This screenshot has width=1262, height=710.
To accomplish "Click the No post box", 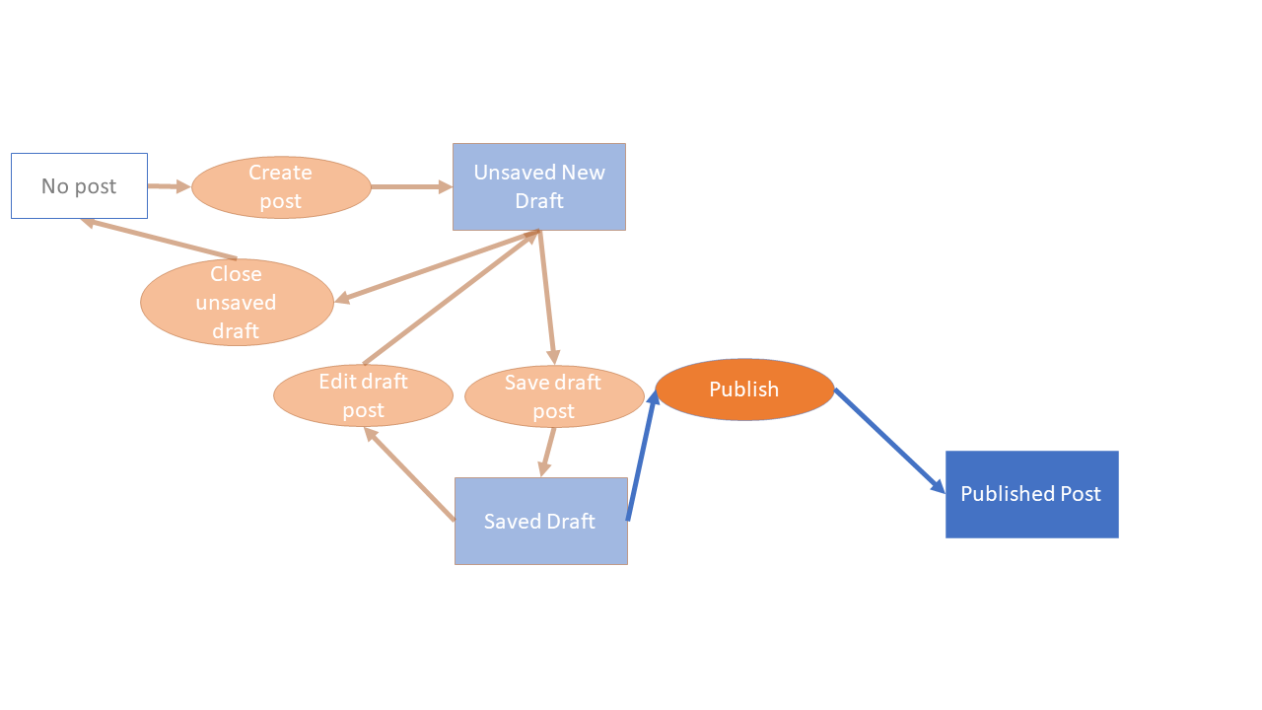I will [79, 185].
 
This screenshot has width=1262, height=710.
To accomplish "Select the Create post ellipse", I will [281, 187].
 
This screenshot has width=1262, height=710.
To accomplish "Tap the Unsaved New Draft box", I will [539, 186].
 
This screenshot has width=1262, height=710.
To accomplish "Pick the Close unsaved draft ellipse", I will [237, 302].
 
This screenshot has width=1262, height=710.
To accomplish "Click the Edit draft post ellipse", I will [363, 395].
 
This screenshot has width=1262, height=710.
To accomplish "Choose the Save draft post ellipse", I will [553, 396].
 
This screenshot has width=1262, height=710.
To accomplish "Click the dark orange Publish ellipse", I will [744, 390].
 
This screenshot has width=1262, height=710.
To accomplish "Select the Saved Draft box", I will [540, 521].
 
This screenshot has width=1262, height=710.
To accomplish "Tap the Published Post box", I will [1031, 494].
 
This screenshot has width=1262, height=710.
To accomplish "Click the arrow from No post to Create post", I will [169, 185].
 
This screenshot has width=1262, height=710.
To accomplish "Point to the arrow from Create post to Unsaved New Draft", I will [411, 186].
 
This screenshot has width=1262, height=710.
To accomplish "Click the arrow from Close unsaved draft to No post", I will [158, 239].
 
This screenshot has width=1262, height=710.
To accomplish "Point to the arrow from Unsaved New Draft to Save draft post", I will [547, 297].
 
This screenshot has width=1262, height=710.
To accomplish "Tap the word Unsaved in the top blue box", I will [510, 173].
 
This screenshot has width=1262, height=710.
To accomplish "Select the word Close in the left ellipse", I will [237, 274].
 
